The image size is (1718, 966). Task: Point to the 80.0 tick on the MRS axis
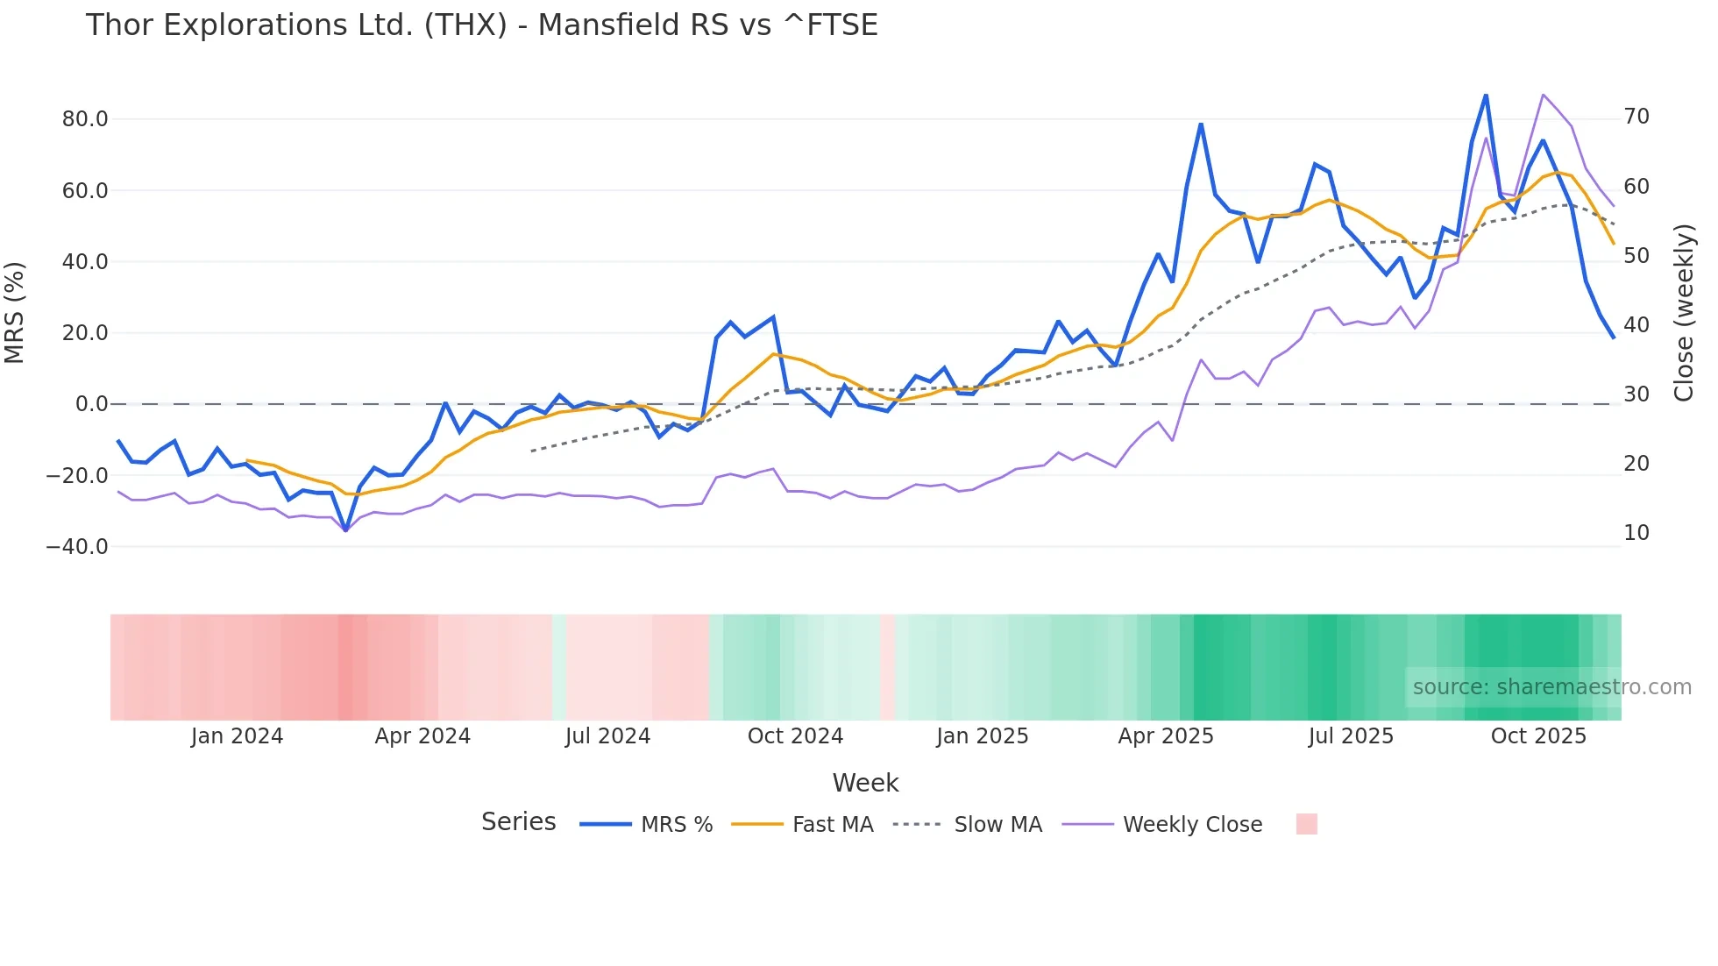85,119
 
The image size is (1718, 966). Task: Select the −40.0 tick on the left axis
77,547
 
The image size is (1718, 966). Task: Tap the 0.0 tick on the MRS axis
92,404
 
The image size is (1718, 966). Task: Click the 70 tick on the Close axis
1636,117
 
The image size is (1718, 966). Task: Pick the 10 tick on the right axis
1636,533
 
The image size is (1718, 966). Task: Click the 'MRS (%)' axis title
15,312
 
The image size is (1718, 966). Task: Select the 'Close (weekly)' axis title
1684,312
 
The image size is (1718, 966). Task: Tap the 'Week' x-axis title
865,783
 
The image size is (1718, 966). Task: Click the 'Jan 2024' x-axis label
237,736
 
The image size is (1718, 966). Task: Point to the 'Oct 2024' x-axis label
795,736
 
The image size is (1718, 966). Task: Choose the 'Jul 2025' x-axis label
1351,736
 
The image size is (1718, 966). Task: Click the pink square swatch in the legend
1307,824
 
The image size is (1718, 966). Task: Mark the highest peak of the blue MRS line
1486,95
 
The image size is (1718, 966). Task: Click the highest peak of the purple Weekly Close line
1543,94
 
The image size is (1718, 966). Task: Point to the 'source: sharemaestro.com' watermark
1551,687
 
